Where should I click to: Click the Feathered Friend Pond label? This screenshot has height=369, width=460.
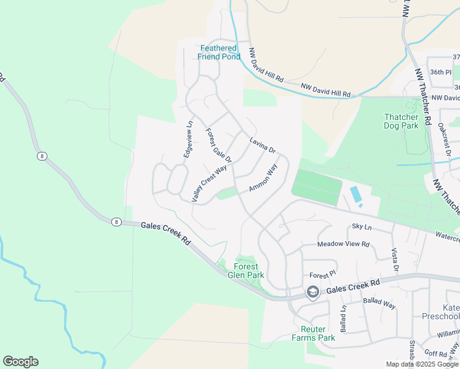(219, 52)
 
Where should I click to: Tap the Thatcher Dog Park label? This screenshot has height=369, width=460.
(401, 121)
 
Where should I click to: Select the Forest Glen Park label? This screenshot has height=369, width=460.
(246, 271)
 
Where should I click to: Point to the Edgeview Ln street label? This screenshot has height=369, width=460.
(189, 140)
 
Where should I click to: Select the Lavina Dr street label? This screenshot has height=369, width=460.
(262, 145)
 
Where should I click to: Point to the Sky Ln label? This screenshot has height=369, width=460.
(362, 227)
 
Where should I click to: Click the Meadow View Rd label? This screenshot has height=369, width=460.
(343, 244)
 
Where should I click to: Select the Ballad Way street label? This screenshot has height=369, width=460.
(379, 302)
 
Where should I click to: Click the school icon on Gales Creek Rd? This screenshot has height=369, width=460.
(313, 292)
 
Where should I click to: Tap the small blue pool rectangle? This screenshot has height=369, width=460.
(355, 195)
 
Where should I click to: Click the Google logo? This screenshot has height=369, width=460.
(20, 362)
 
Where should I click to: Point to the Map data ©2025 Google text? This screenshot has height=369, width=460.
(421, 364)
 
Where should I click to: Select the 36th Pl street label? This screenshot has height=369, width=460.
(441, 72)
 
